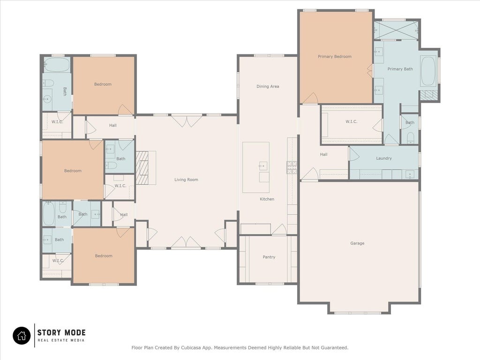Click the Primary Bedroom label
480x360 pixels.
(x=334, y=57)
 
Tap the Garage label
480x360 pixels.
(x=357, y=243)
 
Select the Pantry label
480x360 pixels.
(x=269, y=257)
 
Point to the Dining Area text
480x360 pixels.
(x=268, y=86)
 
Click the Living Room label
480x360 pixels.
(x=186, y=180)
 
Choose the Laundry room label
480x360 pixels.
(x=384, y=158)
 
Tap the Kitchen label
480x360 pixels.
(x=267, y=199)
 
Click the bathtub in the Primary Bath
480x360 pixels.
(x=428, y=71)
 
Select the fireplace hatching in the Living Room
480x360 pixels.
(x=142, y=167)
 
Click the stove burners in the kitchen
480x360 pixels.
(x=292, y=167)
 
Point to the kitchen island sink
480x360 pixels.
(x=263, y=166)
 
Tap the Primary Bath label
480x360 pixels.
(x=400, y=69)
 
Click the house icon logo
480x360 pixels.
(x=22, y=336)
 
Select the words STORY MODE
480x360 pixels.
(x=61, y=332)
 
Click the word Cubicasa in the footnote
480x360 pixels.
(x=191, y=348)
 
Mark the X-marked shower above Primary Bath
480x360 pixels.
(x=396, y=30)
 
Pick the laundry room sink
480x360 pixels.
(x=410, y=175)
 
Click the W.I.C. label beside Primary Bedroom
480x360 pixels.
(x=351, y=121)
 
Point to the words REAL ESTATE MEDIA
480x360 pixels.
(x=61, y=340)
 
